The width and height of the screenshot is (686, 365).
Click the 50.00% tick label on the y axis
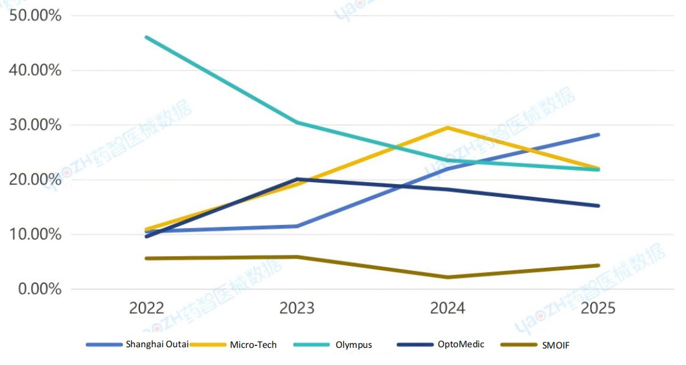pyautogui.click(x=35, y=15)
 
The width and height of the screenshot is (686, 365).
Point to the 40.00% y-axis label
pyautogui.click(x=35, y=70)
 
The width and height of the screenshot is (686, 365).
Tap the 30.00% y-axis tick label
pyautogui.click(x=35, y=125)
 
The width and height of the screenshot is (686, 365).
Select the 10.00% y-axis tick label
pyautogui.click(x=35, y=234)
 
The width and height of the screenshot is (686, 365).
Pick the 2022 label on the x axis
pyautogui.click(x=147, y=308)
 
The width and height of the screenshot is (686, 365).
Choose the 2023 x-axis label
pyautogui.click(x=297, y=308)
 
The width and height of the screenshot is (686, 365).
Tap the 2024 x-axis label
pyautogui.click(x=448, y=308)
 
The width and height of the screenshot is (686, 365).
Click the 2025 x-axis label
pyautogui.click(x=598, y=308)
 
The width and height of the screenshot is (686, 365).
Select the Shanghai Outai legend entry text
pyautogui.click(x=157, y=344)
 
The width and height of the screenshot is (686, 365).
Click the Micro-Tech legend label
pyautogui.click(x=253, y=345)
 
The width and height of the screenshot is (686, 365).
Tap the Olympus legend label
pyautogui.click(x=353, y=345)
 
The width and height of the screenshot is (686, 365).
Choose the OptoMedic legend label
pyautogui.click(x=460, y=344)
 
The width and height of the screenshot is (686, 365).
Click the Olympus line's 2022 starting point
pyautogui.click(x=147, y=37)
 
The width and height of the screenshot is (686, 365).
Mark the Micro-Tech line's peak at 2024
pyautogui.click(x=448, y=128)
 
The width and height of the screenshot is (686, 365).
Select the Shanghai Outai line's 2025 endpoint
pyautogui.click(x=598, y=135)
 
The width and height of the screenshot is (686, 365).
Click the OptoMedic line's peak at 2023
pyautogui.click(x=297, y=179)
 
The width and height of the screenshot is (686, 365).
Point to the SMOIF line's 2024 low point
pyautogui.click(x=448, y=277)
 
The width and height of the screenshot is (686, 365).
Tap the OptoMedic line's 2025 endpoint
pyautogui.click(x=598, y=205)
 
